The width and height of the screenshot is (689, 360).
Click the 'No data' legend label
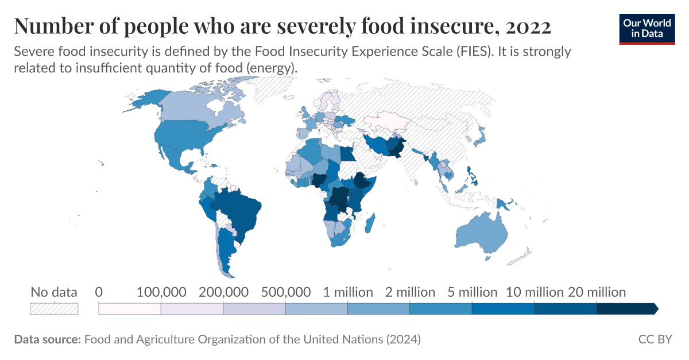(x=53, y=292)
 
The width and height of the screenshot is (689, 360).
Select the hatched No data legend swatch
(x=53, y=309)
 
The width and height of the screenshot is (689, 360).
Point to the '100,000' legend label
(x=161, y=292)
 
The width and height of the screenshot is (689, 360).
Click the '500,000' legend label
(x=285, y=292)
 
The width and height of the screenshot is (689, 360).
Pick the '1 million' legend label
(x=347, y=292)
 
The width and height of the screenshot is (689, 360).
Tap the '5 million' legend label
(x=472, y=292)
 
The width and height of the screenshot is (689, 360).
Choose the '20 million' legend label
(x=597, y=292)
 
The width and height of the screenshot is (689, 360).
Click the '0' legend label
(x=99, y=292)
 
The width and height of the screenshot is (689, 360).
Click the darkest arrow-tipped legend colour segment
(x=626, y=309)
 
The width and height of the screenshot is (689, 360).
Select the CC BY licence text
(x=655, y=339)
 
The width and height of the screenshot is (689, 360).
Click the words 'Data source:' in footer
(x=47, y=339)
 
